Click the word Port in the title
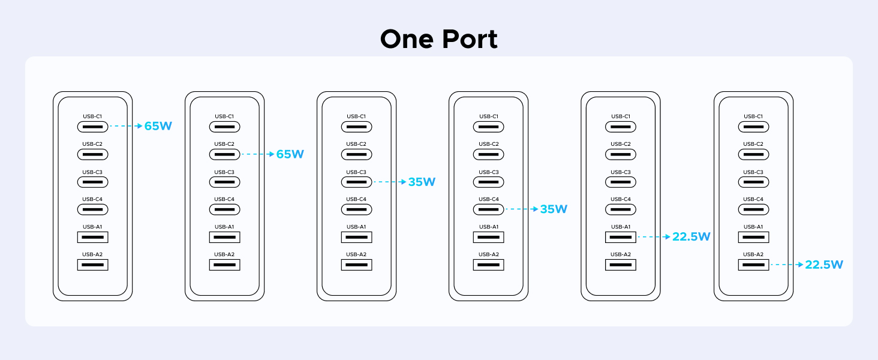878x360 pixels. [470, 40]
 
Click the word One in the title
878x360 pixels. [407, 40]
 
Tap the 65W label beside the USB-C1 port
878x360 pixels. [158, 127]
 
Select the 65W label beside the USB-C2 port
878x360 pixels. [290, 154]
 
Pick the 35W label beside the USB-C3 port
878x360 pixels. [422, 182]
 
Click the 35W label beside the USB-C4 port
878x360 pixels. [554, 209]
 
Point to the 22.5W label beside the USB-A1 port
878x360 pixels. [691, 237]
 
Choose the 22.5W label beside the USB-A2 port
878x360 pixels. [824, 265]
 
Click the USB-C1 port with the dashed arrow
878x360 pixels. [92, 127]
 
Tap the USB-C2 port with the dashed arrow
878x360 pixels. [224, 154]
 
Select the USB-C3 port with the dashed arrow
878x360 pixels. [356, 182]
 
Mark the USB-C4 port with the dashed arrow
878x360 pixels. [488, 209]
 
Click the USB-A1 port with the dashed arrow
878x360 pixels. [621, 237]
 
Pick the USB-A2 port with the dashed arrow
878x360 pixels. [754, 265]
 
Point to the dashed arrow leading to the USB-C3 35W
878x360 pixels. [390, 182]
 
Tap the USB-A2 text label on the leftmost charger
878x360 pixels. [92, 254]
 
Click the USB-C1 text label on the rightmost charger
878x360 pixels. [754, 116]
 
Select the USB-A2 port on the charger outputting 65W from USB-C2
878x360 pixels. [224, 265]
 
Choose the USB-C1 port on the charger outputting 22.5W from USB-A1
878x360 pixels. [621, 127]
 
